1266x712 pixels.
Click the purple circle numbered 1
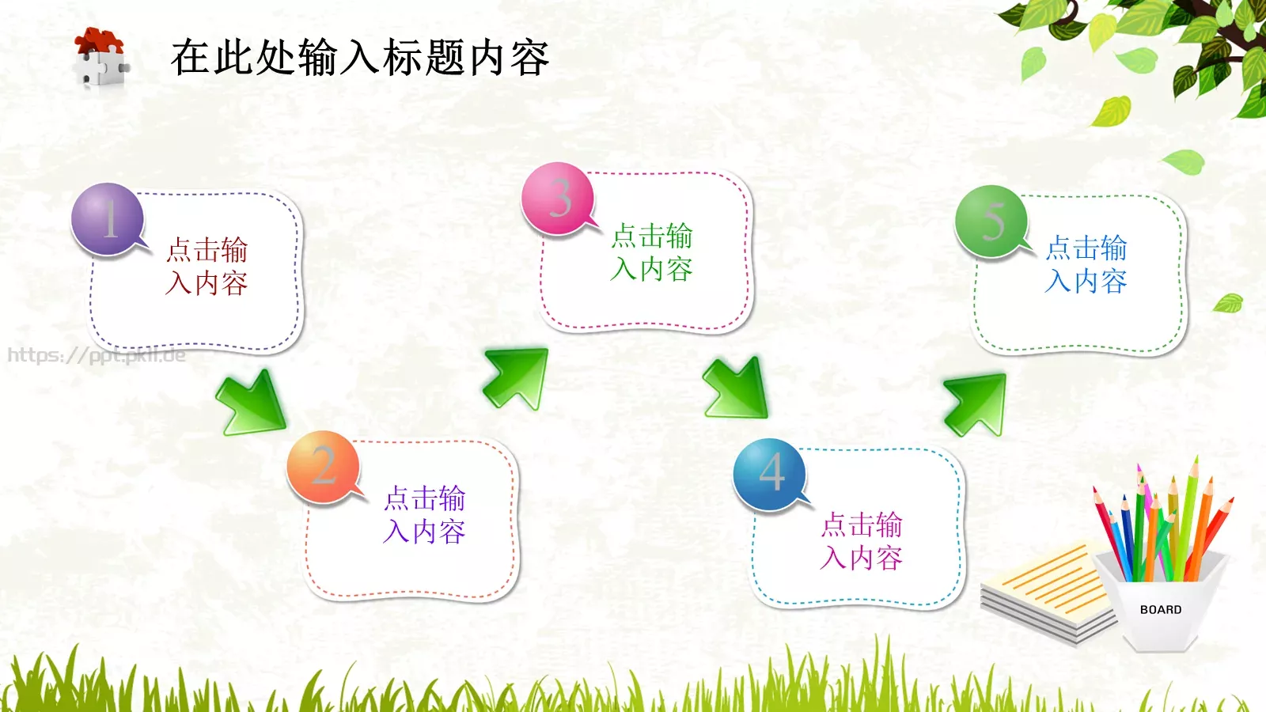pos(108,219)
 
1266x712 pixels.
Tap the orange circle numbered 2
pos(323,467)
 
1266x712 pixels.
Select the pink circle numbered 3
pos(558,199)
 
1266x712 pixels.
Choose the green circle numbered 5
pos(991,222)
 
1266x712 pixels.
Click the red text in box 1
pos(207,267)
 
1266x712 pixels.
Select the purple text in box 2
pos(424,515)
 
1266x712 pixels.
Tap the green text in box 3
pos(651,252)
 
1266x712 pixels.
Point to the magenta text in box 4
pos(861,541)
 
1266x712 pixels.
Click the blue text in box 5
pos(1086,264)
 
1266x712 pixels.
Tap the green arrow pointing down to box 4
pos(737,388)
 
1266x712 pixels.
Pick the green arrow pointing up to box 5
pos(976,403)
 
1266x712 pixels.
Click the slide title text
pos(360,58)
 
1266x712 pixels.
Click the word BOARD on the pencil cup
pos(1161,610)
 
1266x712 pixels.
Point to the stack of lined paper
pos(1044,589)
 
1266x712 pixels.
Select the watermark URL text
pos(97,355)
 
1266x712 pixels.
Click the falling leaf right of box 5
pos(1228,302)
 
